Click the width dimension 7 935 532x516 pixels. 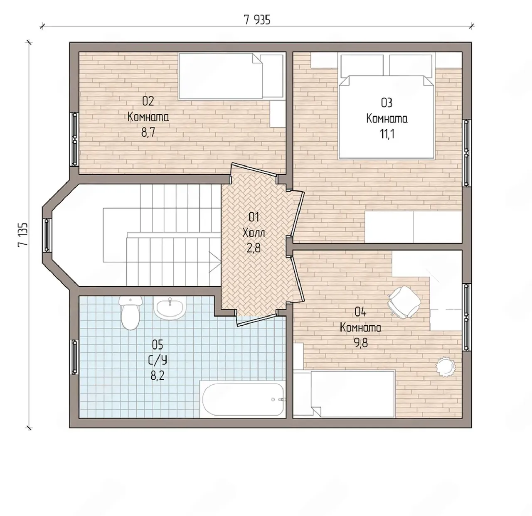point(257,20)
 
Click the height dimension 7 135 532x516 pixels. point(23,234)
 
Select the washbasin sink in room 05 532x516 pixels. point(170,307)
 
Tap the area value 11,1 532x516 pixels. point(387,134)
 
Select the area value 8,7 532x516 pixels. point(148,133)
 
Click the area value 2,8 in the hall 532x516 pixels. point(254,248)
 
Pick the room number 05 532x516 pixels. point(158,345)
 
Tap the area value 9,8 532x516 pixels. point(361,342)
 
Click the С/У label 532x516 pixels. point(158,361)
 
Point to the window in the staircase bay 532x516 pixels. point(47,235)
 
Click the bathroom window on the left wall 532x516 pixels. point(74,357)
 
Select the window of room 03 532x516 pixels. point(466,153)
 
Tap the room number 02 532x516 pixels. point(148,101)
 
